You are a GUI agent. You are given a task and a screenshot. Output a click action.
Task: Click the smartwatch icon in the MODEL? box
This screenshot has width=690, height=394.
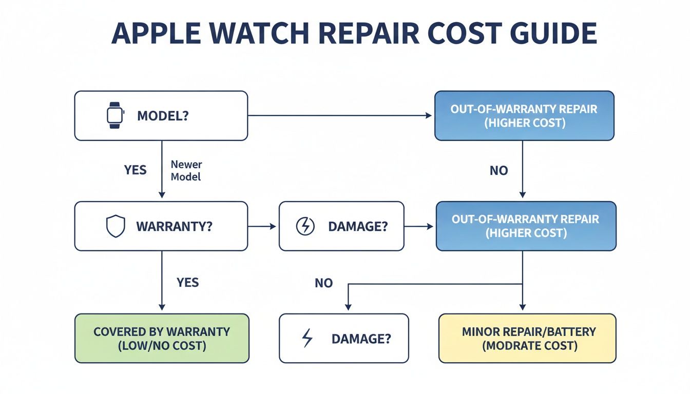coord(115,115)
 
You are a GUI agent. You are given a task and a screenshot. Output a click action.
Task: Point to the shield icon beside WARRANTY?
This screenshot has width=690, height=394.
coord(115,226)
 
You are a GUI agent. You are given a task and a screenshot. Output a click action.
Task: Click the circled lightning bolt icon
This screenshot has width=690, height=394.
coord(306,226)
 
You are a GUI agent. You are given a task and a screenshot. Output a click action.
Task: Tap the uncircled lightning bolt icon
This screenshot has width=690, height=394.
coord(307,339)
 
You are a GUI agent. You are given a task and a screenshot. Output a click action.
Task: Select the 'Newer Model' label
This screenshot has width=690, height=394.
coord(186,170)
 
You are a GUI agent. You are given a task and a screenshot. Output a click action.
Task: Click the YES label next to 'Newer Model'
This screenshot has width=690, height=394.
coord(136,170)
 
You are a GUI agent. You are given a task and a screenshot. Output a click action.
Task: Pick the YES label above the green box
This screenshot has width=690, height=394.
coord(187,283)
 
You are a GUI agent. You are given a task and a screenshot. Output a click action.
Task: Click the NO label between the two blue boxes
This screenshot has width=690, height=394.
coord(499,170)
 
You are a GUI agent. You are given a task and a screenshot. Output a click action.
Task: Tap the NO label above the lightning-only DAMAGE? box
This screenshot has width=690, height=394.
coord(323,283)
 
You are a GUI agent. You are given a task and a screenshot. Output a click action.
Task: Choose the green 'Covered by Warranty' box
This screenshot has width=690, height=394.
coord(162,339)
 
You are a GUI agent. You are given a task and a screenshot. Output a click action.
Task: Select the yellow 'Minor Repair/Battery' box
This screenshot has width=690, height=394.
coord(527,339)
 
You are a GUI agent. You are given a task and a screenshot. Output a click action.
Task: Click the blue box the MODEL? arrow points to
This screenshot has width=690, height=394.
coord(524,116)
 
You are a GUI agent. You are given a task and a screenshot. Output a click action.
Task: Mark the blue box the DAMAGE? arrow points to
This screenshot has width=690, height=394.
coord(525,226)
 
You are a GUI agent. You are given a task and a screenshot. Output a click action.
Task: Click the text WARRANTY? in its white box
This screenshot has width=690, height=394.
coord(174,226)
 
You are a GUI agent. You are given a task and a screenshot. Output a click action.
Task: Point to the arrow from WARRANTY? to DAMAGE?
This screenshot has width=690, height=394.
coord(262,226)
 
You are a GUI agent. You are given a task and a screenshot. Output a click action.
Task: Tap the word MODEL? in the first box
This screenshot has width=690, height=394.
coord(163,115)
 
